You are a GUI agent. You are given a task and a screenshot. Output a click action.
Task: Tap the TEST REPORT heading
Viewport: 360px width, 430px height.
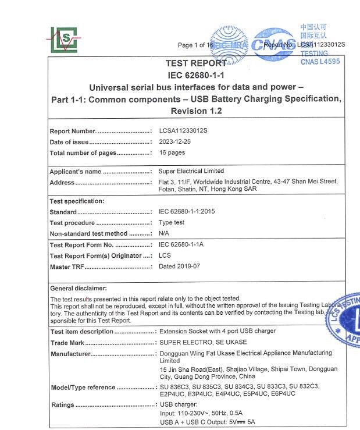pos(196,63)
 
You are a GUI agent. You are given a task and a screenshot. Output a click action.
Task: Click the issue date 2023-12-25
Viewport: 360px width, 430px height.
pos(175,142)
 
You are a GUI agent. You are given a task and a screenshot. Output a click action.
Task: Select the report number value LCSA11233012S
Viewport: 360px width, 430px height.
pos(183,131)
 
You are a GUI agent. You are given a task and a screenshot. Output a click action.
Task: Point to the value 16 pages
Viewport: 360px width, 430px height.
pos(172,153)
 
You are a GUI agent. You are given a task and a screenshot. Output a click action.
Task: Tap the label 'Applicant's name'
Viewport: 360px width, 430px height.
pos(76,172)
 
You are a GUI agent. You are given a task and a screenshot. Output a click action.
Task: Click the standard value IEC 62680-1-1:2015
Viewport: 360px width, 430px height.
pos(187,212)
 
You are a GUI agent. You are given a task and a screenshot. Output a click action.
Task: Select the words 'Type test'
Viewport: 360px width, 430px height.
pos(172,223)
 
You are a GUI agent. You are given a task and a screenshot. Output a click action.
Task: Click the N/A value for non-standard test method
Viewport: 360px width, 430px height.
pos(165,233)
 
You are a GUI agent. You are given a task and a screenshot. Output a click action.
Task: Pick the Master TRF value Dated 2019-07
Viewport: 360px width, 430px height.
pos(179,266)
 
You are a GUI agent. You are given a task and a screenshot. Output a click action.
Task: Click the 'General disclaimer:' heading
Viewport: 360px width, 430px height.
pos(79,289)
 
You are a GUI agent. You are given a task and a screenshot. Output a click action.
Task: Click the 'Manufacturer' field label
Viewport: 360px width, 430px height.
pos(70,354)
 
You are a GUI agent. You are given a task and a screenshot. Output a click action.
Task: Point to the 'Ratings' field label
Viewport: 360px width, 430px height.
pos(62,405)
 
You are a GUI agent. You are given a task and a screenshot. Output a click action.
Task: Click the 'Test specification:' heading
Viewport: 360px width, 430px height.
pos(77,201)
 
